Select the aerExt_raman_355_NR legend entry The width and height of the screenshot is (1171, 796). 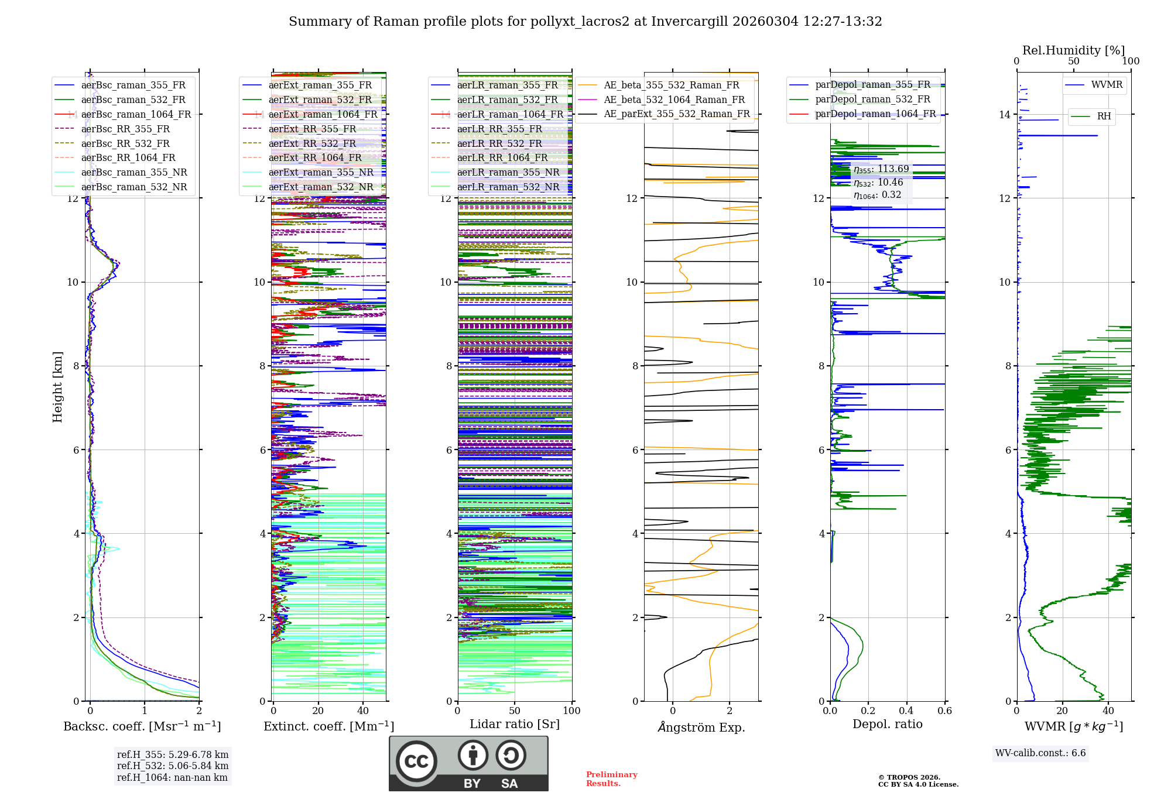click(x=320, y=173)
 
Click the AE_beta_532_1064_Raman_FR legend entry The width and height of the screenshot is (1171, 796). click(x=674, y=99)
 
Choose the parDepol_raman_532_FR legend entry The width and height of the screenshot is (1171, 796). click(x=872, y=99)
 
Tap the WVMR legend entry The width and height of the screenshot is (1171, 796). click(x=1107, y=85)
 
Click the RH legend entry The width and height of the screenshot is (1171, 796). click(x=1104, y=116)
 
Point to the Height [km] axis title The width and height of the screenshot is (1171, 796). click(x=57, y=386)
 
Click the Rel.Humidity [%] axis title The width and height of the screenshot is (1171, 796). click(x=1073, y=50)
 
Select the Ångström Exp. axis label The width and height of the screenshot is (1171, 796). click(x=701, y=727)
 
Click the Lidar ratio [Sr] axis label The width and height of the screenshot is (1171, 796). click(x=514, y=724)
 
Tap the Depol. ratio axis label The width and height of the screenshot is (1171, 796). click(x=887, y=724)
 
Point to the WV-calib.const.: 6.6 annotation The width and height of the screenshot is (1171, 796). click(x=1040, y=753)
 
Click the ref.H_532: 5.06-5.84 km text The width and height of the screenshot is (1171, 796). click(x=173, y=766)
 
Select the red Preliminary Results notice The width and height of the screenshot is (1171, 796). click(x=611, y=778)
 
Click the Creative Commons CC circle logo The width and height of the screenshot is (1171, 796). click(x=416, y=761)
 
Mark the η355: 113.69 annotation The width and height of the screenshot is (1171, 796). click(x=881, y=169)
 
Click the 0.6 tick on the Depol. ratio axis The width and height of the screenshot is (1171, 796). click(x=944, y=711)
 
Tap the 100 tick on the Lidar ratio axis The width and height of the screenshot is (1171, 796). click(x=571, y=711)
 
